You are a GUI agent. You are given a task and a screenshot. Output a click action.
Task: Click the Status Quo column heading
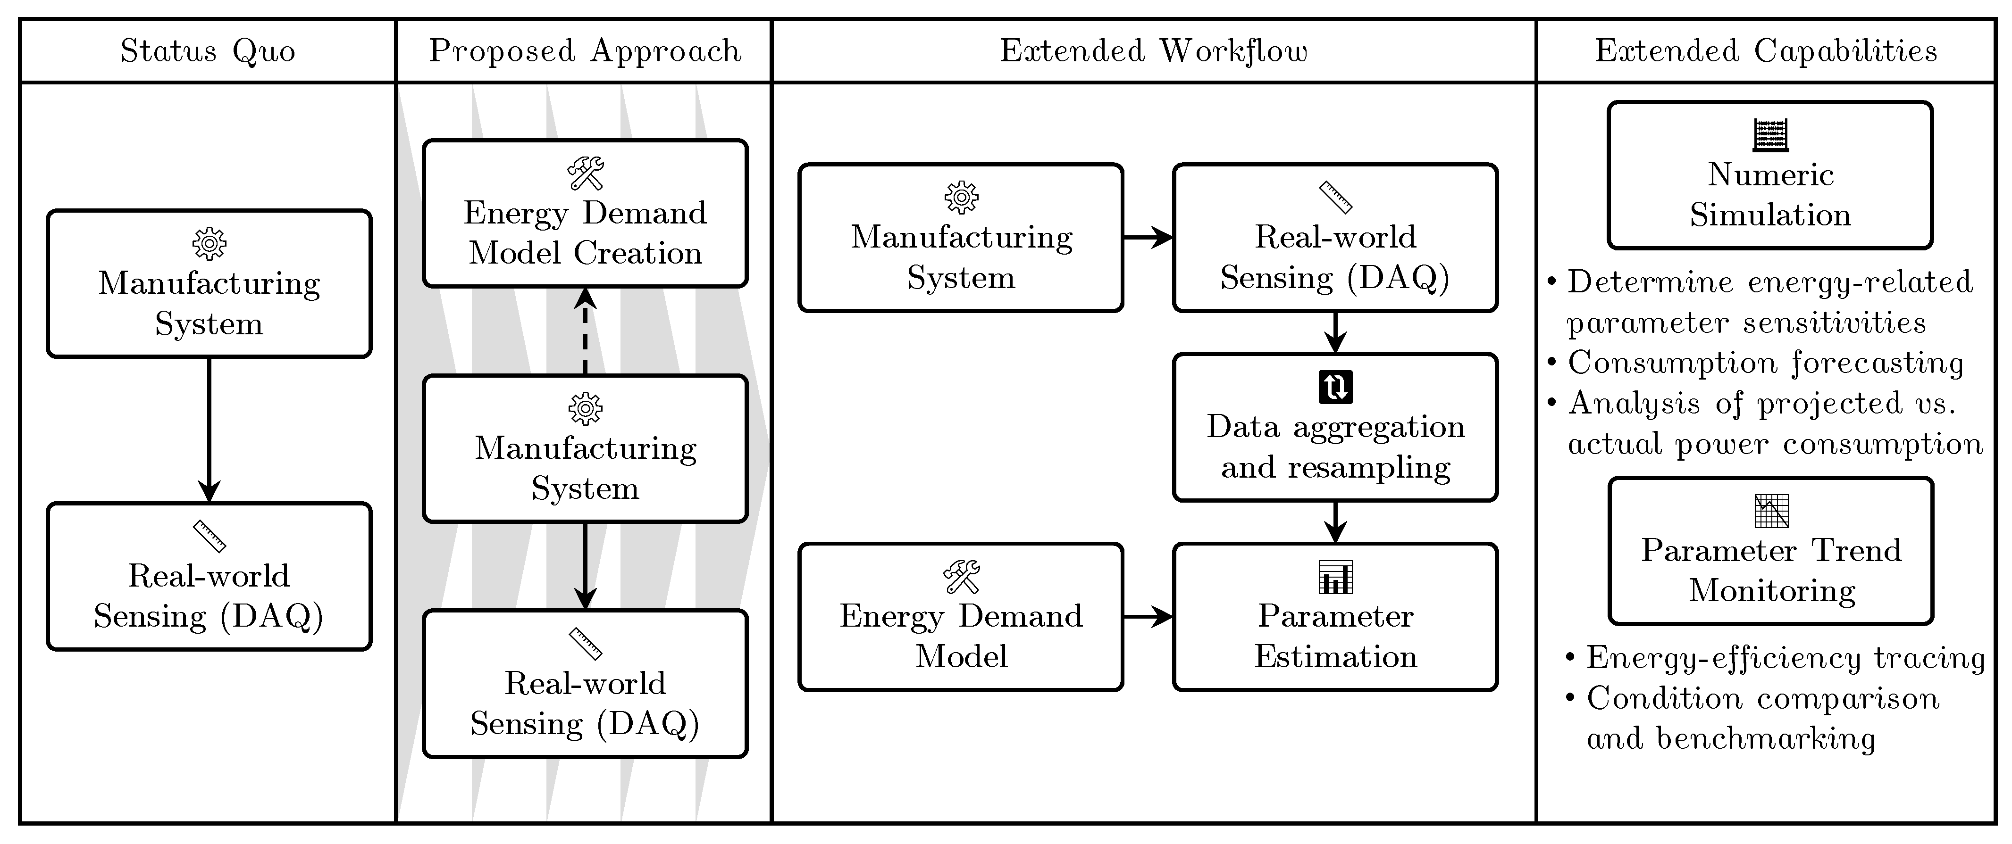[x=208, y=51]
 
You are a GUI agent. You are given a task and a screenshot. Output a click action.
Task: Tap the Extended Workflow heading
[x=1154, y=51]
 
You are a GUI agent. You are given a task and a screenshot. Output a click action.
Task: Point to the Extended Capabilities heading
[x=1766, y=51]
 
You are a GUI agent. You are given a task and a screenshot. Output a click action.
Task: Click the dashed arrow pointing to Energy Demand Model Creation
[x=585, y=332]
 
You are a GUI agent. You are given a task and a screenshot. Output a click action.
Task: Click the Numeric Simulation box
[x=1770, y=176]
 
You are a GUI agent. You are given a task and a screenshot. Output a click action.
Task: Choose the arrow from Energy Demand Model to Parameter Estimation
[x=1148, y=617]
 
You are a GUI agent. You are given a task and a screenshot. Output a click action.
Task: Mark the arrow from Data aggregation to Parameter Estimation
[x=1336, y=521]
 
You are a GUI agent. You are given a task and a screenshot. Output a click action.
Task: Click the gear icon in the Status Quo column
[x=210, y=244]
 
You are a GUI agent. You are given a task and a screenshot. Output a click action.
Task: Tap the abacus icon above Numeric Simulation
[x=1771, y=135]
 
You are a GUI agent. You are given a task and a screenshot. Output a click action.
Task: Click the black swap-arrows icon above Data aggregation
[x=1336, y=387]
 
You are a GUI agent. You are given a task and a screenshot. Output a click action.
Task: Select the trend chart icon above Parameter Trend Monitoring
[x=1771, y=512]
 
